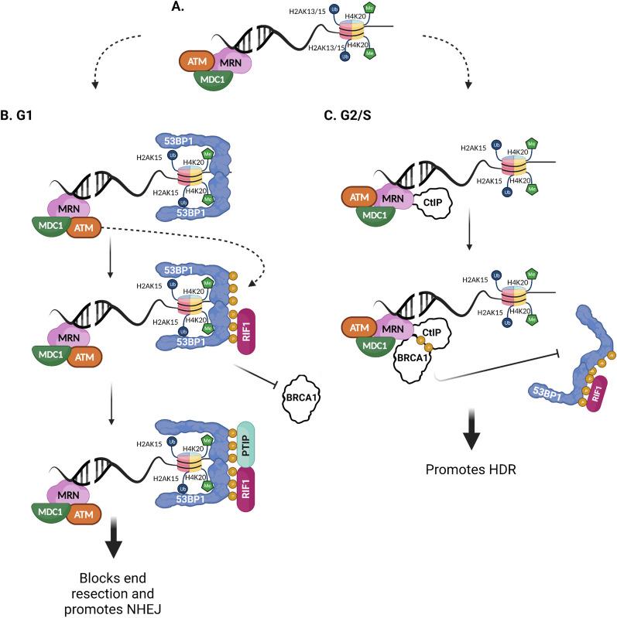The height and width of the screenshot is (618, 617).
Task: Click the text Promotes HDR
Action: [x=471, y=468]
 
